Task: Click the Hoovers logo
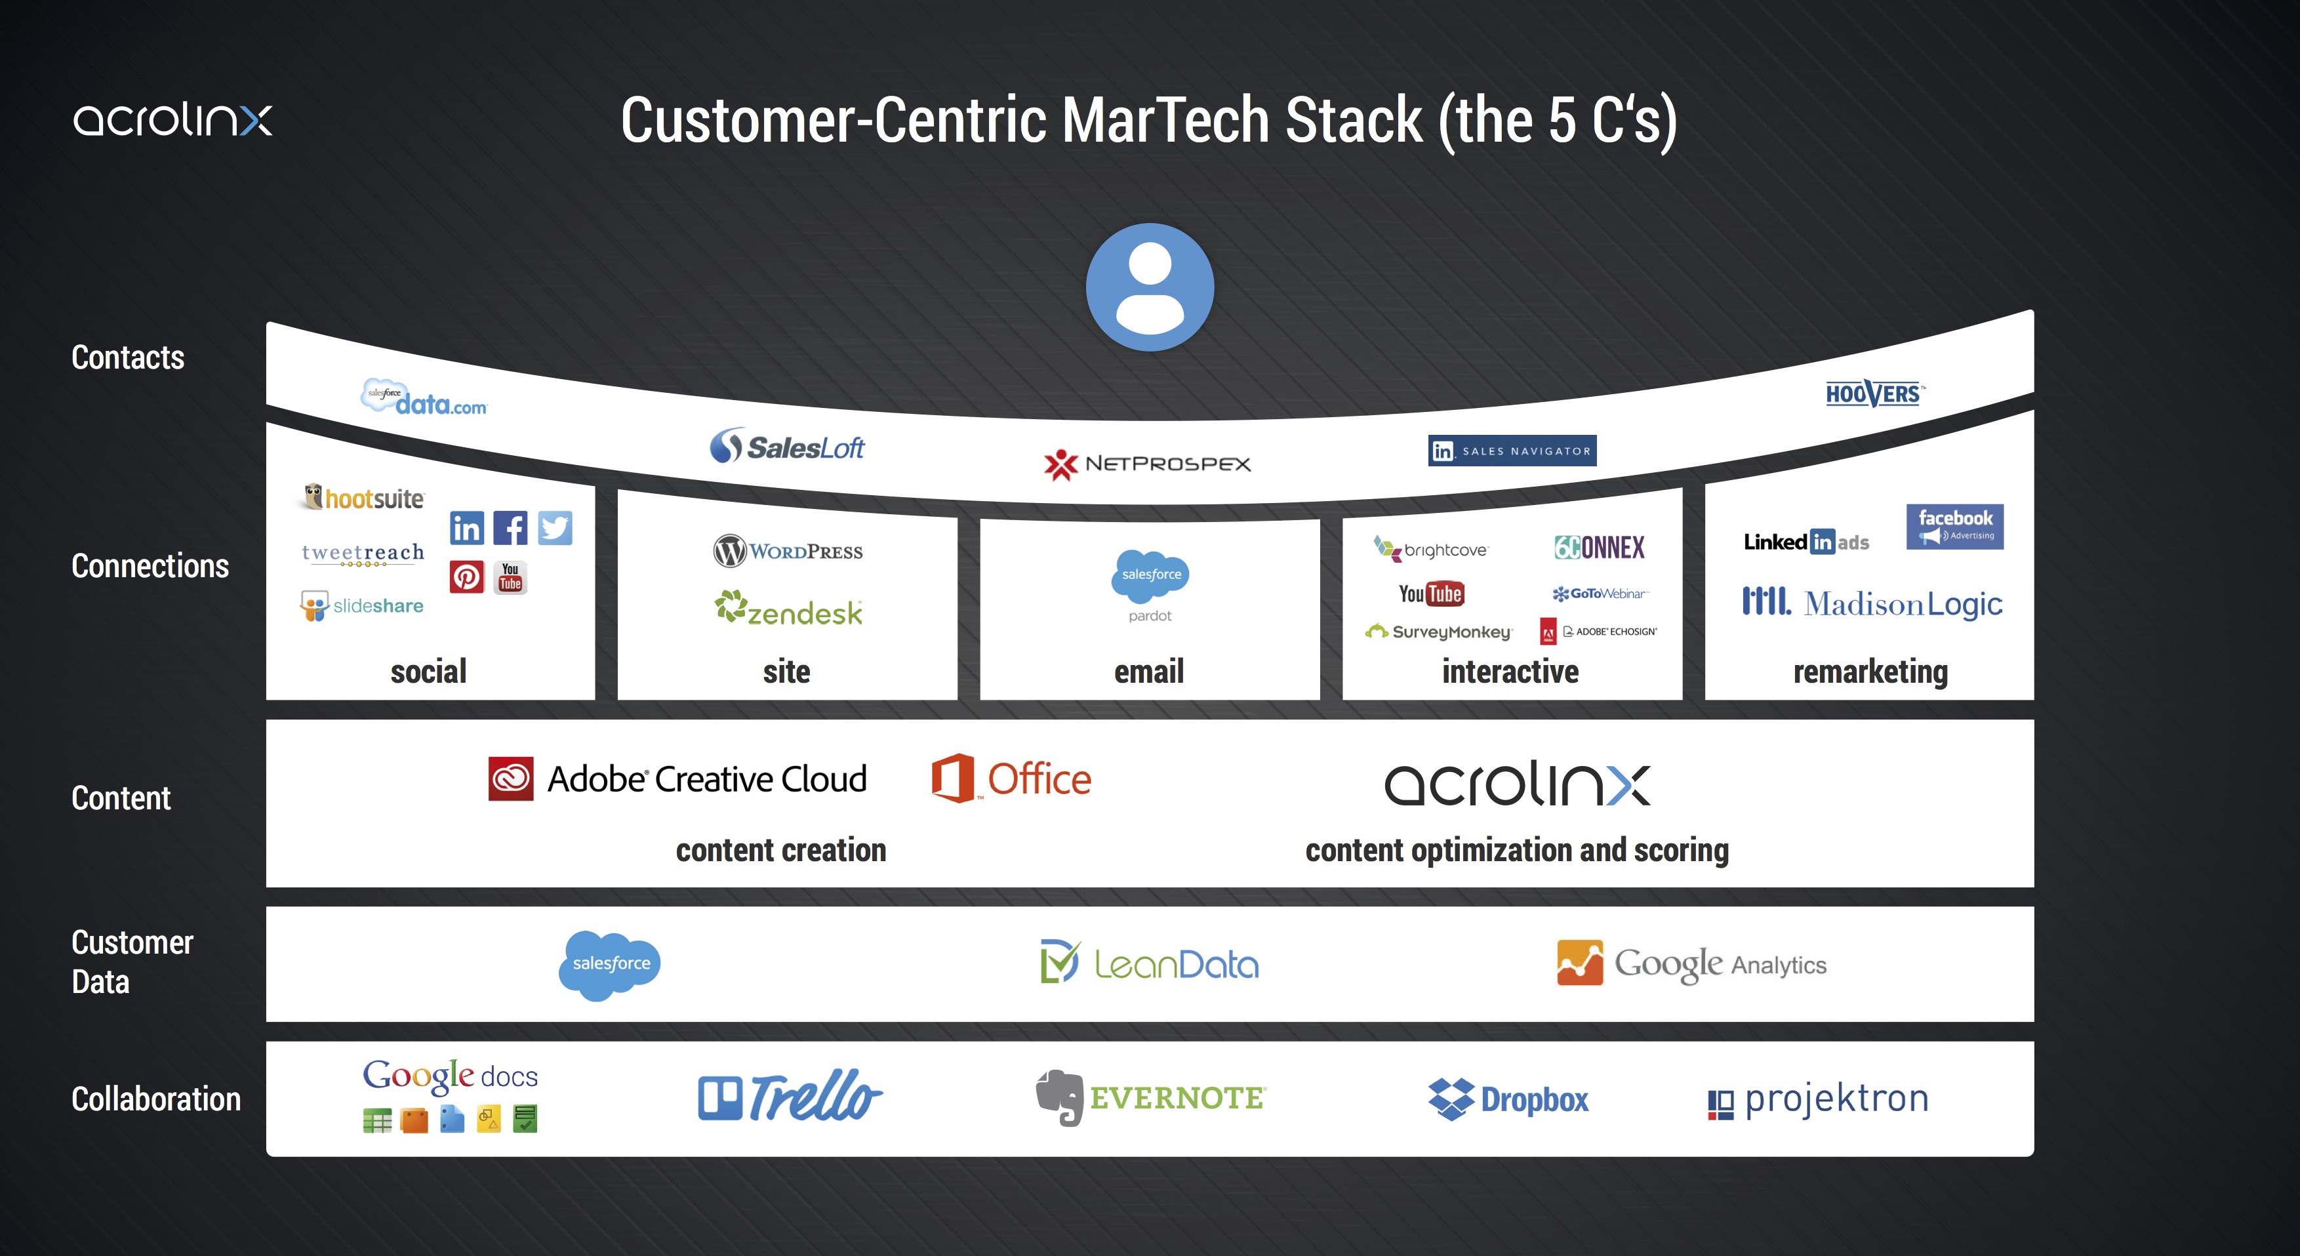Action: tap(1873, 394)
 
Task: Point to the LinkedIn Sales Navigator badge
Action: tap(1512, 451)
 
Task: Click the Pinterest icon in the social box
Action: tap(466, 578)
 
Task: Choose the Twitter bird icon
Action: tap(554, 527)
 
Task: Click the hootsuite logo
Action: tap(364, 497)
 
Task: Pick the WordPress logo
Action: tap(788, 551)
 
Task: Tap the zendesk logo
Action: tap(788, 610)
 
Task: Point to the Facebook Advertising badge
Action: tap(1954, 526)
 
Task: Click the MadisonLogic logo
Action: tap(1872, 603)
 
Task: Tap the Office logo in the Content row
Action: tap(1011, 779)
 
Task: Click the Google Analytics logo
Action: tap(1691, 963)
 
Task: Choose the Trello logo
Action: tap(789, 1097)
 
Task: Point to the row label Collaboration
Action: tap(156, 1099)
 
